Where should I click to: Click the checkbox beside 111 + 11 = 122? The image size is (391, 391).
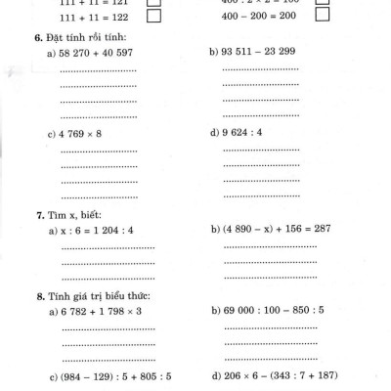[153, 18]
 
